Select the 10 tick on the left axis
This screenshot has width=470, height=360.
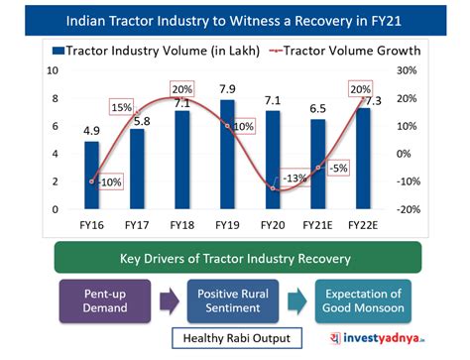click(x=55, y=70)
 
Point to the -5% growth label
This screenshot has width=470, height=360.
click(x=338, y=168)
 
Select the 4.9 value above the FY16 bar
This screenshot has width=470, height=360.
click(x=91, y=130)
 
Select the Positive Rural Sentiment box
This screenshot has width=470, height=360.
click(x=233, y=300)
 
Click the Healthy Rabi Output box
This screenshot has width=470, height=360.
click(x=234, y=339)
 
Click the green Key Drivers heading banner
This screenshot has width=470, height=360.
click(x=235, y=259)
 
